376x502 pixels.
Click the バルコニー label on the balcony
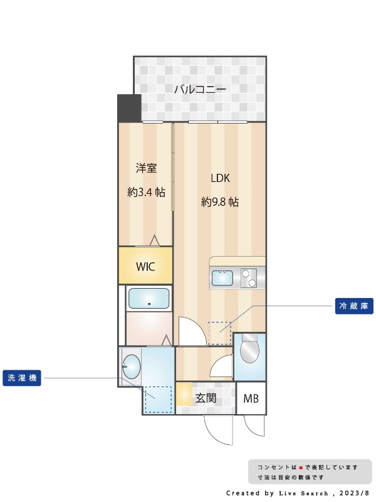pyautogui.click(x=200, y=89)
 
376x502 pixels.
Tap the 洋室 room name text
pyautogui.click(x=146, y=168)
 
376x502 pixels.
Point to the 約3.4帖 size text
pyautogui.click(x=146, y=192)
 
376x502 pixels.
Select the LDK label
pyautogui.click(x=220, y=178)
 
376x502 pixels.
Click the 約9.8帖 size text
pyautogui.click(x=220, y=202)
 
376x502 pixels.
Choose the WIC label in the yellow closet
pyautogui.click(x=145, y=266)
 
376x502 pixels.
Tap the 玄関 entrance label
pyautogui.click(x=206, y=398)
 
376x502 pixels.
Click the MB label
pyautogui.click(x=251, y=398)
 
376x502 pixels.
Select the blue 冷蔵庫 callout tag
pyautogui.click(x=354, y=306)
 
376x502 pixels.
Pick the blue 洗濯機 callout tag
pyautogui.click(x=21, y=378)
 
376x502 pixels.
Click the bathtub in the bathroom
pyautogui.click(x=149, y=299)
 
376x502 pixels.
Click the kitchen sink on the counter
pyautogui.click(x=222, y=277)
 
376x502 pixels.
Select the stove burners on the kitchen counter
pyautogui.click(x=249, y=277)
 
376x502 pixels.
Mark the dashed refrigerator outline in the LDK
pyautogui.click(x=219, y=333)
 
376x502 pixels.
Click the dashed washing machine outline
pyautogui.click(x=158, y=400)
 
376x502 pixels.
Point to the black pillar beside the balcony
pyautogui.click(x=129, y=108)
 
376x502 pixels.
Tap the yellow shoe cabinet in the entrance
pyautogui.click(x=184, y=395)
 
